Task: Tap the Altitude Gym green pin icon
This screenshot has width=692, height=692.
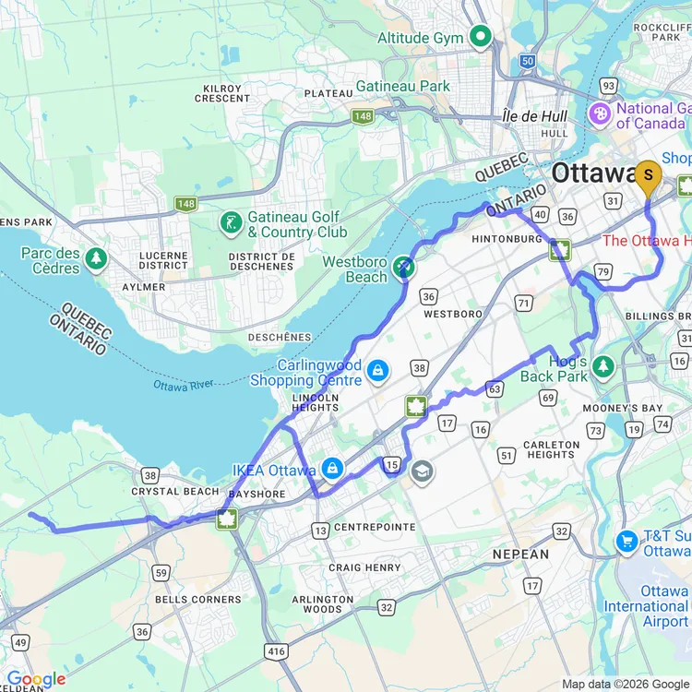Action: (480, 38)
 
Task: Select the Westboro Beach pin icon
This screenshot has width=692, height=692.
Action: (403, 268)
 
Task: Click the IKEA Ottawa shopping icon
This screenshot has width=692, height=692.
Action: (332, 470)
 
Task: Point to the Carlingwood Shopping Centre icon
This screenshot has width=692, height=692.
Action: (376, 371)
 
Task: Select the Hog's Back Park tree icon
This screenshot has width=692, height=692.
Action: (603, 366)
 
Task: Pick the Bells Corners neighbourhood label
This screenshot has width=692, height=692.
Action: (197, 599)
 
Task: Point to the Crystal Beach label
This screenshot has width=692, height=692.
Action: (175, 492)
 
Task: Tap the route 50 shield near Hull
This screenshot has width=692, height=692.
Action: (526, 61)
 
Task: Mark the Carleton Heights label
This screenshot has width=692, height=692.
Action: (551, 449)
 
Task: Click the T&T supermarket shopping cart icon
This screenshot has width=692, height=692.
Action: (627, 541)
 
